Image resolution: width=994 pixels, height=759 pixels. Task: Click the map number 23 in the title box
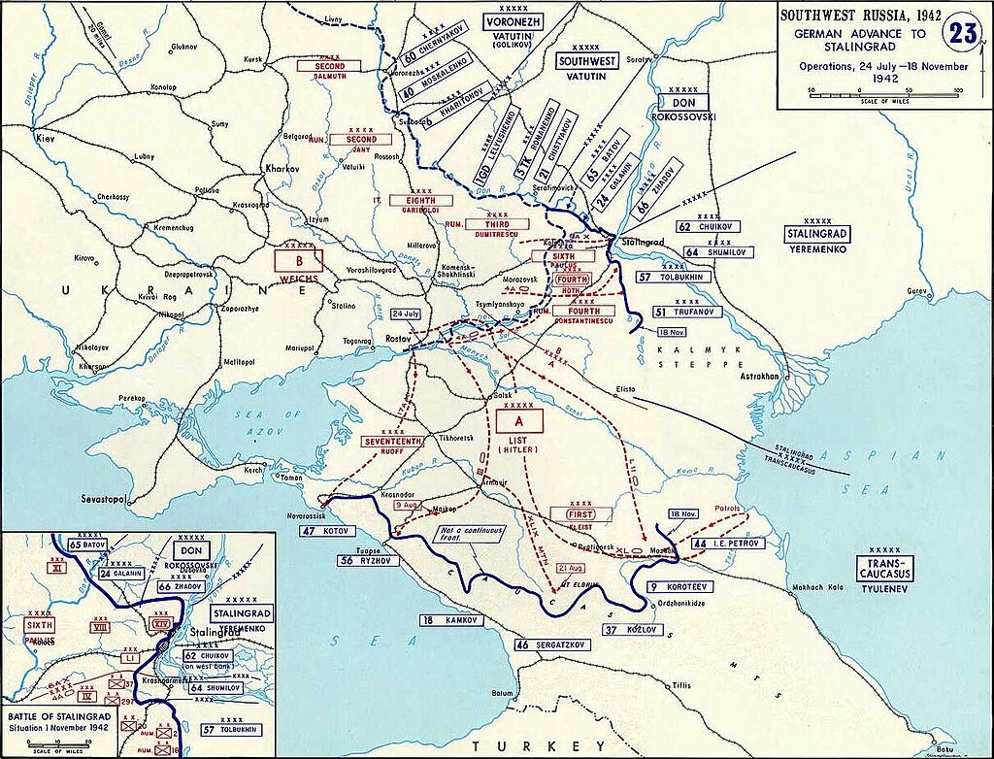click(x=962, y=31)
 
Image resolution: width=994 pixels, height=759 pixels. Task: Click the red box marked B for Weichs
click(x=298, y=261)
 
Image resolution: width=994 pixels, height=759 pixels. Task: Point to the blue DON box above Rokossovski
click(x=685, y=102)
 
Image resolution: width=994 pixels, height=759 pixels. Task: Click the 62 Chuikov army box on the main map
click(x=709, y=227)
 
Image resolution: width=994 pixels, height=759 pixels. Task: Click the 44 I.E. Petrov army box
click(x=728, y=544)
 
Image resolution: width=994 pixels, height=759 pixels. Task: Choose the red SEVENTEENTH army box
click(x=392, y=441)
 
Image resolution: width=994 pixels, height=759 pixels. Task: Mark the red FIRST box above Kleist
click(x=580, y=514)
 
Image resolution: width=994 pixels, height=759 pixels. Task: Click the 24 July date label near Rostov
click(x=407, y=314)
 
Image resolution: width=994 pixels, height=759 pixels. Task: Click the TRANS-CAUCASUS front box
click(x=884, y=569)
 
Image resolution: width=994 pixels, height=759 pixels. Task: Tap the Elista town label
click(x=625, y=389)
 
